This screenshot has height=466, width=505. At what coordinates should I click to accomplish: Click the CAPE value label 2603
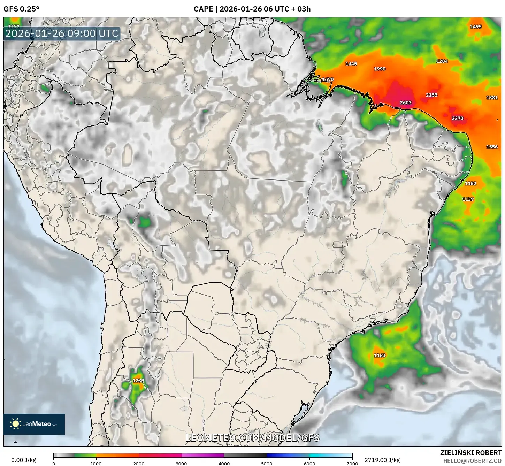coord(405,103)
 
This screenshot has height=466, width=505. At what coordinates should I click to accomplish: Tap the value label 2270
coord(457,119)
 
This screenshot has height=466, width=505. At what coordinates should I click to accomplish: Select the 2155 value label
coord(431,95)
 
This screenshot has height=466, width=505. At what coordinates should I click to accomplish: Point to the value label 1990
coord(380,69)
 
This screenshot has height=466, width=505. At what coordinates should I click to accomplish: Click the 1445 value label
coord(351,64)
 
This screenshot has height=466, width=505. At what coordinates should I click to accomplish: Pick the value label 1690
coord(328,79)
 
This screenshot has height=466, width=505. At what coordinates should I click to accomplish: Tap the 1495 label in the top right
coord(475,27)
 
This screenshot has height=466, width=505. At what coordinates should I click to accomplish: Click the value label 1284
coord(442,61)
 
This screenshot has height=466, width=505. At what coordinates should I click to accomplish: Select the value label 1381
coord(492,98)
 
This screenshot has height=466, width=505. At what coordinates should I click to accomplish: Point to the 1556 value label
coord(492,147)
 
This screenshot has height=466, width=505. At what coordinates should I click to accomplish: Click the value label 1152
coord(470,184)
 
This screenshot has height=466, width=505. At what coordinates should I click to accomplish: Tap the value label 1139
coord(468,199)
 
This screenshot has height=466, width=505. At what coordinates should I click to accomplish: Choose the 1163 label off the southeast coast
coord(380,356)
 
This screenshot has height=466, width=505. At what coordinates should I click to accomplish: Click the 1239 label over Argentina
coord(138,381)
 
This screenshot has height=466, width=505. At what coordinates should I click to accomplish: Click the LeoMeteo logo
coord(34,424)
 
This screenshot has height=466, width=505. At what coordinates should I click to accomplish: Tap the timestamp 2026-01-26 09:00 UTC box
coord(62,34)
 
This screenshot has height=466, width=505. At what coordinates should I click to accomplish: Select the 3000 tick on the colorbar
coord(181,463)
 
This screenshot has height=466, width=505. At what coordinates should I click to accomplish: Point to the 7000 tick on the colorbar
coord(352,463)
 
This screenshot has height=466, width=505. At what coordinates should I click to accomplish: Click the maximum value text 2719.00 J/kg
coord(382,460)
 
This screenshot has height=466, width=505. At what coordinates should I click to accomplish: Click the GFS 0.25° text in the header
coord(21,9)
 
